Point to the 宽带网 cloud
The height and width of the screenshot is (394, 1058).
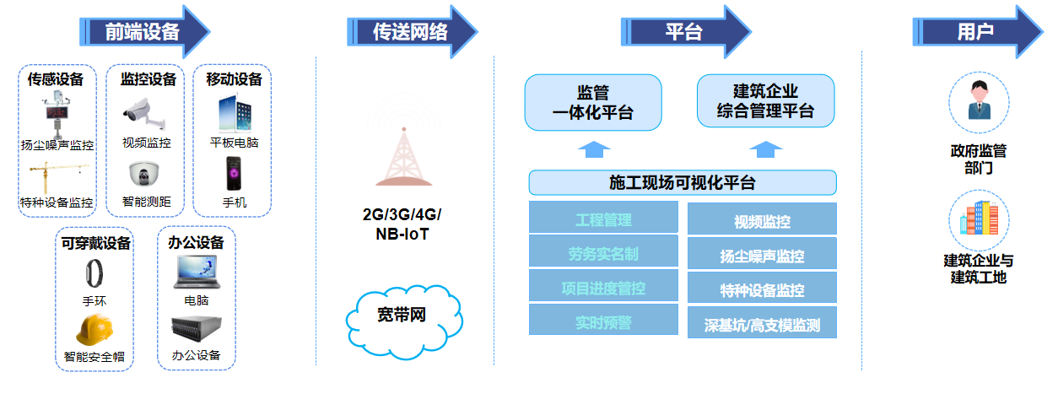tap(403, 316)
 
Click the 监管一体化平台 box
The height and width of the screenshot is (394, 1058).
tap(593, 102)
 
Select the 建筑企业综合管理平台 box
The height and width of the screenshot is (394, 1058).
tap(765, 101)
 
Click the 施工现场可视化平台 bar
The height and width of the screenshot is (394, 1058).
tap(682, 183)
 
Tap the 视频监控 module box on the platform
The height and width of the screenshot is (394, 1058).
tap(762, 221)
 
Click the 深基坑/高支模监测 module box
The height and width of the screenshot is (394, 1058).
tap(762, 322)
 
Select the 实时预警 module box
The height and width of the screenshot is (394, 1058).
tap(603, 321)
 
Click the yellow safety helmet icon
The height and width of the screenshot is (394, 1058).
tap(95, 329)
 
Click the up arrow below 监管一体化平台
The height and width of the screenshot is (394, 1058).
tap(595, 150)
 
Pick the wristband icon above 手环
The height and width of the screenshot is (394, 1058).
tap(94, 273)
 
